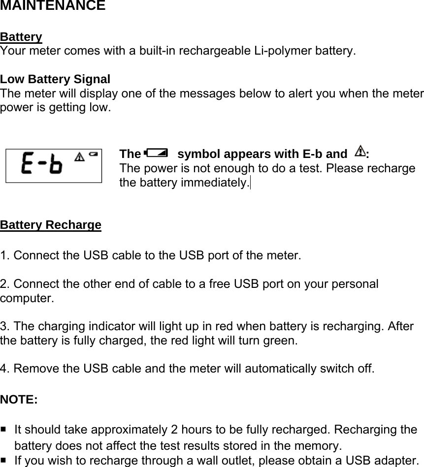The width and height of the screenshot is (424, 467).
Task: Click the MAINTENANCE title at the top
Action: pos(53,6)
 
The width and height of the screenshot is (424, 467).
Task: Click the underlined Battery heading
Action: pos(21,37)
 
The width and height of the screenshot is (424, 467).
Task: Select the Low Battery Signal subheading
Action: pos(55,79)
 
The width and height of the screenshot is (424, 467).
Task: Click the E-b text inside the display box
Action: pos(42,165)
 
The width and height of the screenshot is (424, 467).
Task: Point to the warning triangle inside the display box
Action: pos(79,157)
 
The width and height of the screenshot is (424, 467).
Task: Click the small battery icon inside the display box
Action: pos(93,156)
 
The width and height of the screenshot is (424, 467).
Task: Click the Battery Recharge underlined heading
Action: pos(51,225)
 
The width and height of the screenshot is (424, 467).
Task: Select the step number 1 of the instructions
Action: pos(4,256)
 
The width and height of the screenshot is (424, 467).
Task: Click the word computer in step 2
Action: pos(26,298)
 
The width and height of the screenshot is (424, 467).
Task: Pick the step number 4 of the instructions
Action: pos(4,369)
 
